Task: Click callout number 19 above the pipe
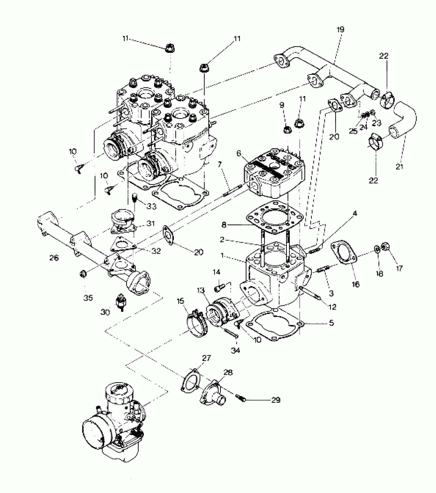[340, 29]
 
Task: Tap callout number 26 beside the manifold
[54, 258]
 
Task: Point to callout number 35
[88, 298]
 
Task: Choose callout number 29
[276, 400]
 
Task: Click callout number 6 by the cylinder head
[239, 154]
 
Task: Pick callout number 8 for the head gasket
[224, 225]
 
